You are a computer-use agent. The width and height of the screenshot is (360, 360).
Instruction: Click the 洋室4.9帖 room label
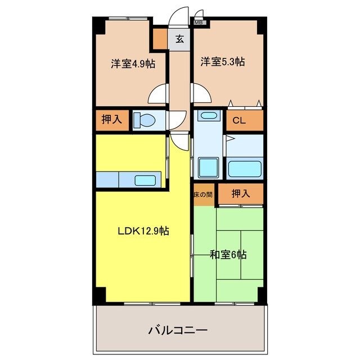pyautogui.click(x=133, y=64)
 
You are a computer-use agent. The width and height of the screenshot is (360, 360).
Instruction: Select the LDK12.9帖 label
pyautogui.click(x=143, y=230)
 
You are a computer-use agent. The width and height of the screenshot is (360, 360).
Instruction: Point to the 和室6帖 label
pyautogui.click(x=228, y=255)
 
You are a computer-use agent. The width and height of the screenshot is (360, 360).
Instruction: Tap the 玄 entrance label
pyautogui.click(x=179, y=39)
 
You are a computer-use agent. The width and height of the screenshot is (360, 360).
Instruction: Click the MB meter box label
pyautogui.click(x=199, y=22)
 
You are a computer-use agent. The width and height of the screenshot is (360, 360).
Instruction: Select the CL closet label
pyautogui.click(x=238, y=120)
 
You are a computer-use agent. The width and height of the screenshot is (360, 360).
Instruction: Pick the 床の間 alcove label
pyautogui.click(x=202, y=195)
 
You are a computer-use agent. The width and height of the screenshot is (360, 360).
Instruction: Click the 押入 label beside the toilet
pyautogui.click(x=111, y=120)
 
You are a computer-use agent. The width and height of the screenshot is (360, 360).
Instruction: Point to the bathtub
pyautogui.click(x=244, y=168)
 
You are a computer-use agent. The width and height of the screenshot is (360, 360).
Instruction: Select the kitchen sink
pyautogui.click(x=145, y=181)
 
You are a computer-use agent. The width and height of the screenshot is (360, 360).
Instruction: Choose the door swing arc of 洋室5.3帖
pyautogui.click(x=201, y=93)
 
